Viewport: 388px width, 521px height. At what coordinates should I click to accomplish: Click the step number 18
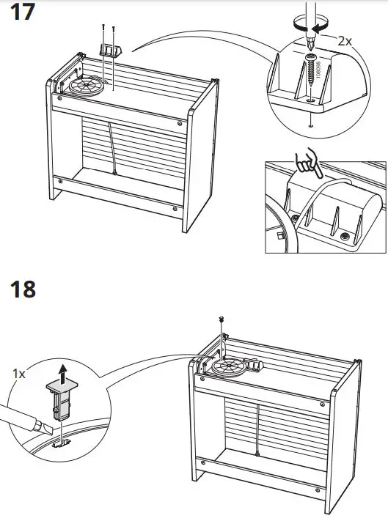coord(22,289)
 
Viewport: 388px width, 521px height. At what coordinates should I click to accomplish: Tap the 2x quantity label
coord(344,42)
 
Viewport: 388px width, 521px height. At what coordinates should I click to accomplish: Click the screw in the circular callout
coord(312,73)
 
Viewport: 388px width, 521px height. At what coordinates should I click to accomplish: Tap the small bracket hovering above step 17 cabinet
coord(109,49)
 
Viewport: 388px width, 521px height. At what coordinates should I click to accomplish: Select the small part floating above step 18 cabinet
coord(221,317)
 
